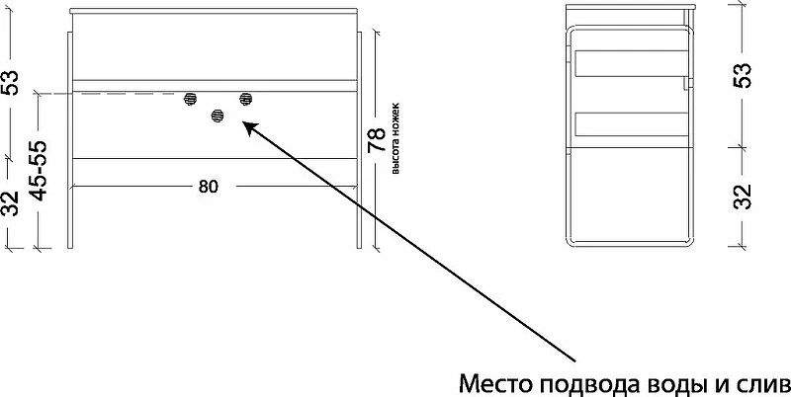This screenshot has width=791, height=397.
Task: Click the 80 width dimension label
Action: click(x=209, y=187)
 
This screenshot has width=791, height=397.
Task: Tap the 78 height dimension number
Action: click(x=377, y=140)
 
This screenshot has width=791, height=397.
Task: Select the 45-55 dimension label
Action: click(x=40, y=171)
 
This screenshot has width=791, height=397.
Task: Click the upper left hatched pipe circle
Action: click(x=190, y=99)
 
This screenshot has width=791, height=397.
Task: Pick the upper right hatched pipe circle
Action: click(x=245, y=99)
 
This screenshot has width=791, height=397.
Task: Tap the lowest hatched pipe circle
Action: click(x=218, y=117)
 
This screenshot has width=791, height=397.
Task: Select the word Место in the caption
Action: click(x=497, y=384)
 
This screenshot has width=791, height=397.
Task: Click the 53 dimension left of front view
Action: click(x=11, y=83)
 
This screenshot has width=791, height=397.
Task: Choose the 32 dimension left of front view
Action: click(x=11, y=203)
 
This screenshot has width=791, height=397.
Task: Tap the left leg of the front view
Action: click(x=70, y=140)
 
